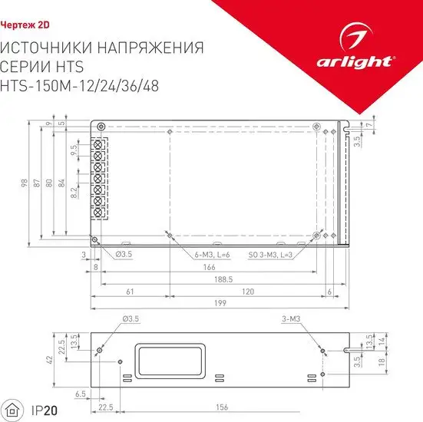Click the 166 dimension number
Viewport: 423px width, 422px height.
coord(209,267)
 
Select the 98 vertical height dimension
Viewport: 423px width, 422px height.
coord(25,183)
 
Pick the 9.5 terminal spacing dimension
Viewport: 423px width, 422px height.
coord(74,150)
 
